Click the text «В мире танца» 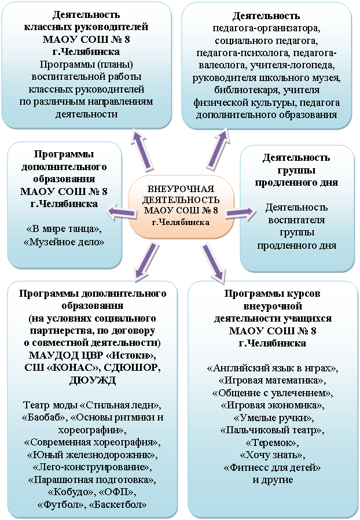pos(64,229)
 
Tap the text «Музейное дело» pos(64,242)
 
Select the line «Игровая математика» pos(273,380)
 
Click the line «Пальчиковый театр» pos(273,430)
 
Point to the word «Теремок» pos(273,442)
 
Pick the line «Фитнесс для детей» pos(273,467)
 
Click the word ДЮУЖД pos(93,380)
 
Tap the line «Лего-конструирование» pos(93,467)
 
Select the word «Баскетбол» pos(118,505)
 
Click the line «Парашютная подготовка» pos(92,480)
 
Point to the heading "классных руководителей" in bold pos(86,27)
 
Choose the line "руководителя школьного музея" pos(267,78)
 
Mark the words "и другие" pos(273,480)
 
